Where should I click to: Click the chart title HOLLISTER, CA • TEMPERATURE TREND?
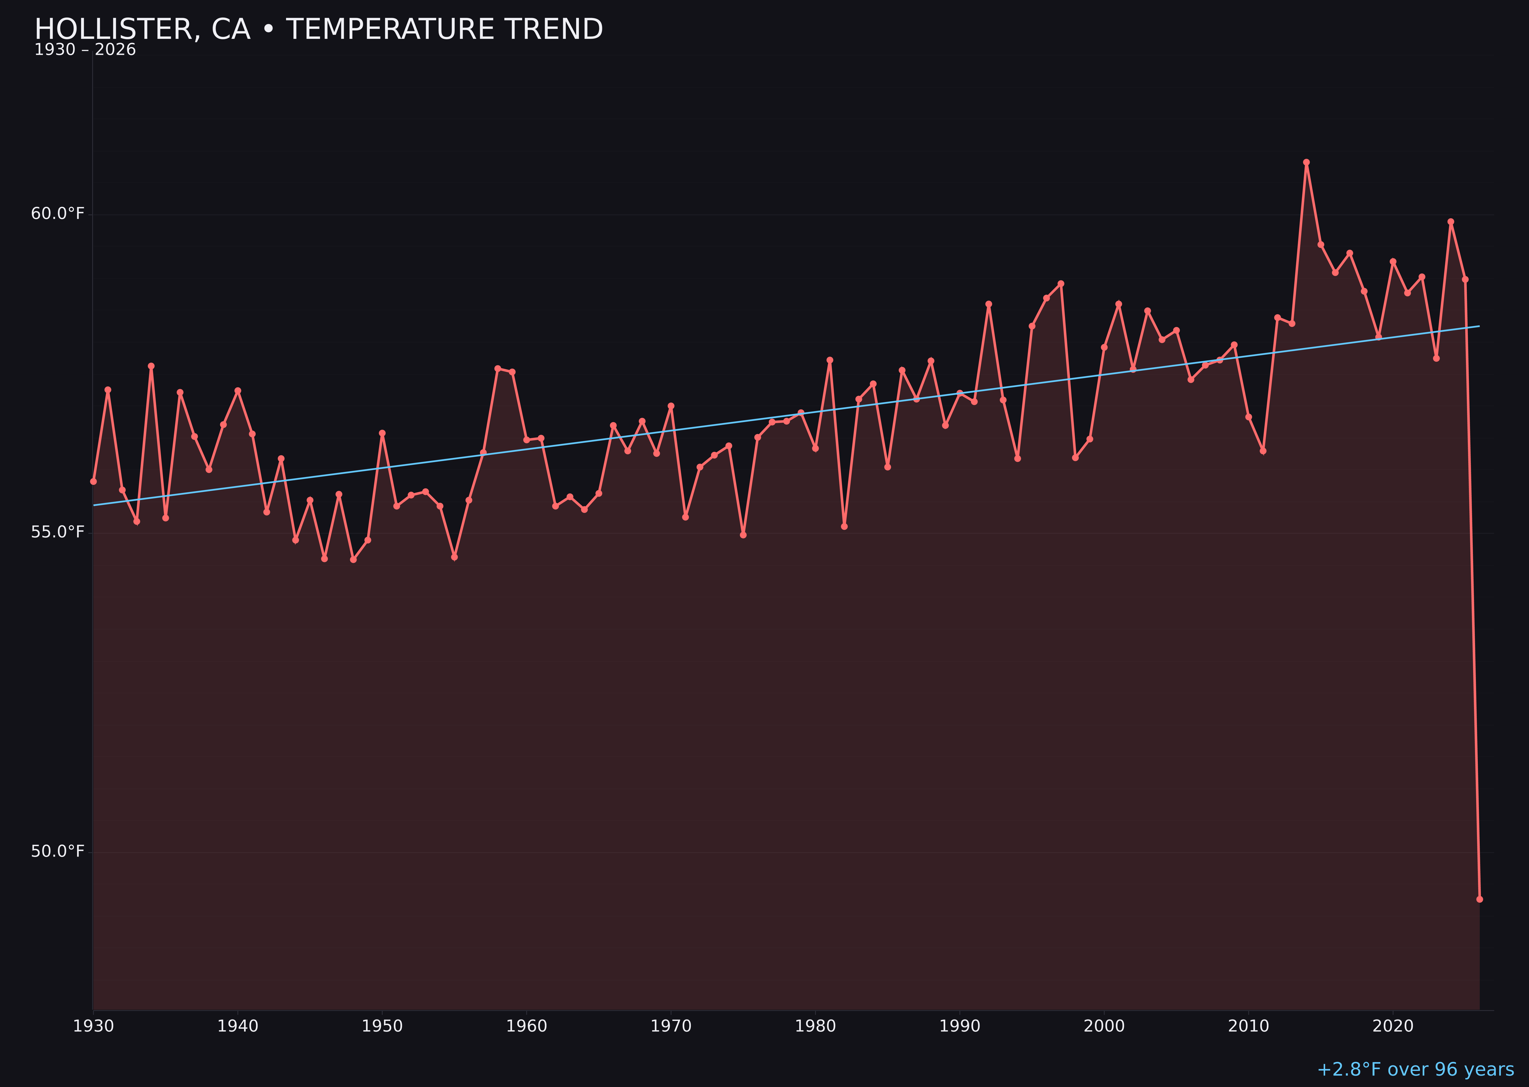coord(319,29)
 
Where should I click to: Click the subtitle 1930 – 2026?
coord(85,50)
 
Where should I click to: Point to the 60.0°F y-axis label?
coord(58,214)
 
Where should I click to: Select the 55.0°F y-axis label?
coord(58,532)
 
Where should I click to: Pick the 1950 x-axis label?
coord(382,1026)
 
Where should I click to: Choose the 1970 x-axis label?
coord(671,1026)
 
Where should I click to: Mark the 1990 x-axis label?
coord(960,1026)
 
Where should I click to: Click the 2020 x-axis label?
coord(1393,1026)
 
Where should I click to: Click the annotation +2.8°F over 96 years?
coord(1415,1069)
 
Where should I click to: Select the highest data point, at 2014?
coord(1306,162)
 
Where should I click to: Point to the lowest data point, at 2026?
coord(1479,899)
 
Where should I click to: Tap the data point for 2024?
coord(1451,222)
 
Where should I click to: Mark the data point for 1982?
coord(844,526)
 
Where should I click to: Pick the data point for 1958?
coord(497,368)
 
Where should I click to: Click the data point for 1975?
coord(743,535)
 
